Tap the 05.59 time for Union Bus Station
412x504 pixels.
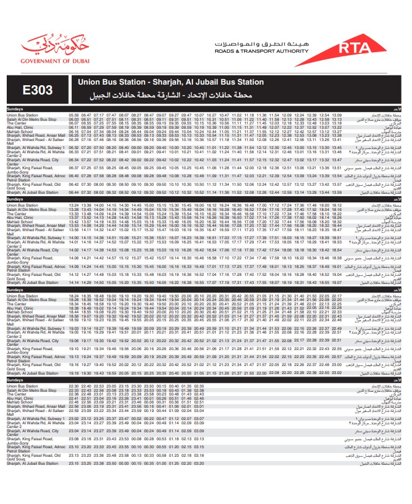(74, 115)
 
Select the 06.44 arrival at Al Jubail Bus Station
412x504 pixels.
(74, 193)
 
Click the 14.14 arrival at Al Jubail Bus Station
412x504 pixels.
(74, 283)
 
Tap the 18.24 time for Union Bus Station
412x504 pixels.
(74, 296)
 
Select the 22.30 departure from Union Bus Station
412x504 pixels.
(74, 386)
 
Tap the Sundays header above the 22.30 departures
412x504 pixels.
(15, 380)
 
